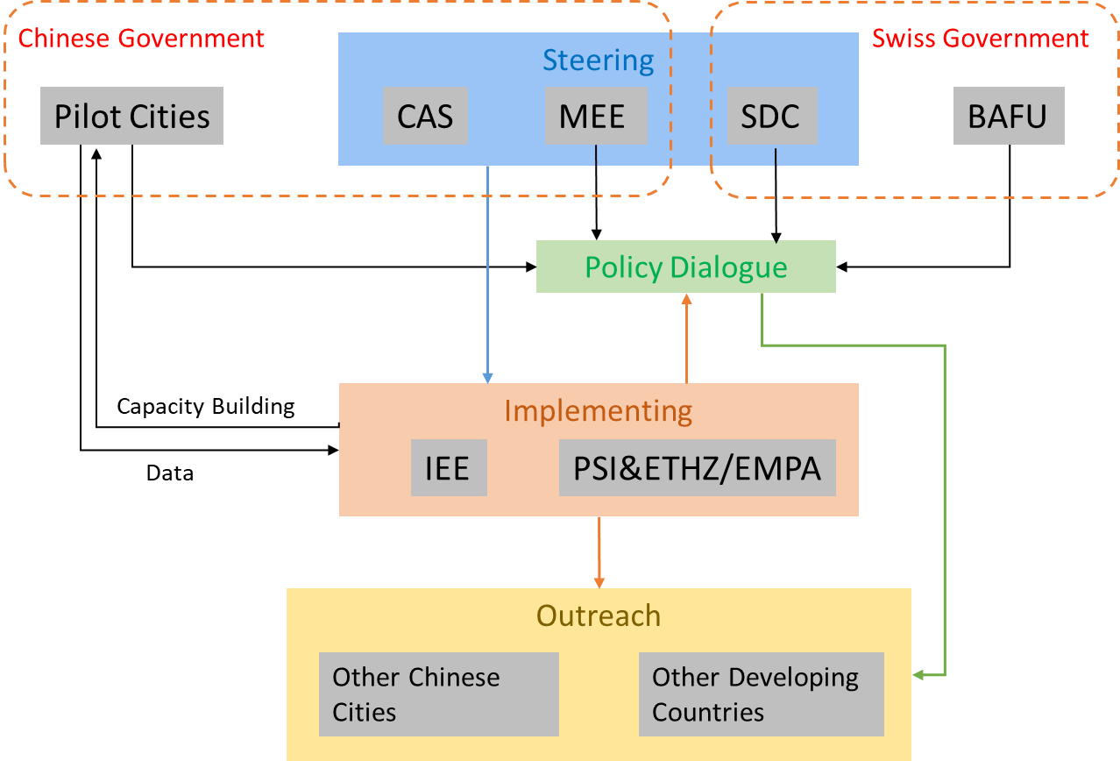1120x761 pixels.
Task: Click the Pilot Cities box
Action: pyautogui.click(x=131, y=116)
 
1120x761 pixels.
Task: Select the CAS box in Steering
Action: pyautogui.click(x=425, y=116)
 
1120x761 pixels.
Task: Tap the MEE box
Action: pyautogui.click(x=596, y=116)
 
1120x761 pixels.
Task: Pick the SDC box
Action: pyautogui.click(x=772, y=116)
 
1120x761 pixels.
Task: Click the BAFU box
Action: pyautogui.click(x=1009, y=116)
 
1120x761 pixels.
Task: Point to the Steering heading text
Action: pyautogui.click(x=598, y=60)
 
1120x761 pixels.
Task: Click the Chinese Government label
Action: pyautogui.click(x=141, y=39)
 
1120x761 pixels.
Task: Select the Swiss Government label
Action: pyautogui.click(x=980, y=39)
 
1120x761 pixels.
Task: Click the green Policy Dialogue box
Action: pyautogui.click(x=685, y=267)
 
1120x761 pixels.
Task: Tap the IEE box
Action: pyautogui.click(x=449, y=468)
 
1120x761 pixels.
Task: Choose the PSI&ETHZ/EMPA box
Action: pyautogui.click(x=697, y=468)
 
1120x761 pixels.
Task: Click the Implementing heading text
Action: pyautogui.click(x=598, y=410)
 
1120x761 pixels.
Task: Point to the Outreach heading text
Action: pyautogui.click(x=598, y=615)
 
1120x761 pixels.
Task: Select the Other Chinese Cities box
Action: pyautogui.click(x=438, y=693)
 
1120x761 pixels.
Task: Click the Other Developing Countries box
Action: pyautogui.click(x=761, y=693)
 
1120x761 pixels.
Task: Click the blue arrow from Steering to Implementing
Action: pyautogui.click(x=487, y=272)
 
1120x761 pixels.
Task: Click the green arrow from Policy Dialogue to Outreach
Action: pyautogui.click(x=945, y=509)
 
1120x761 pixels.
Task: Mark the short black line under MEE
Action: pyautogui.click(x=596, y=155)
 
